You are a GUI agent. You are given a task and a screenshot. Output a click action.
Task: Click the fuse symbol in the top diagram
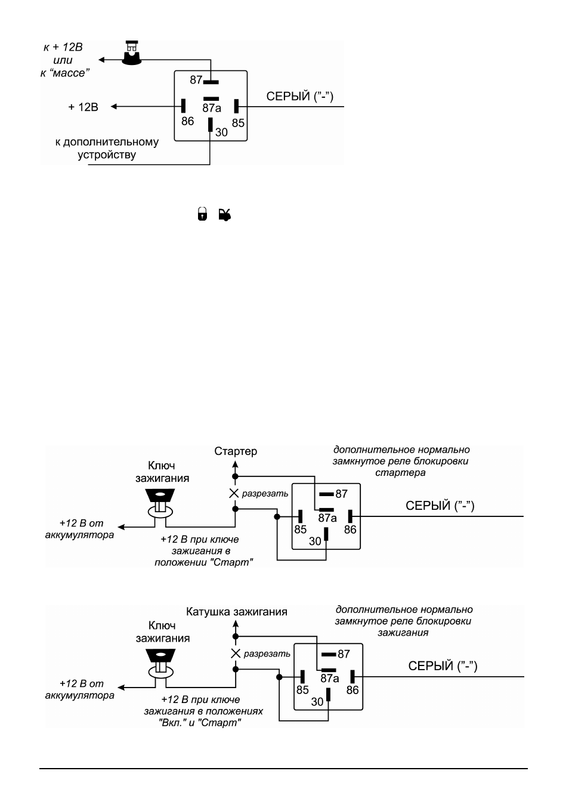(x=132, y=52)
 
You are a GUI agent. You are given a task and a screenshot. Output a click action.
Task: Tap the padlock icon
(x=202, y=213)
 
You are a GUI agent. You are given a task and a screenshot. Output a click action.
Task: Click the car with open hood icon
(x=225, y=215)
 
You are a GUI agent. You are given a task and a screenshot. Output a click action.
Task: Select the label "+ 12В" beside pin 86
(x=83, y=107)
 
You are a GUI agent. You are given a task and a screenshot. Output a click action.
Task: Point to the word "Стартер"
(x=236, y=451)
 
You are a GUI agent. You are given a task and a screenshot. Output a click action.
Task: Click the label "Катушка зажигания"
(x=237, y=612)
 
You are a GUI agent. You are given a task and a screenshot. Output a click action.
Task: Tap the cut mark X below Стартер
(x=234, y=493)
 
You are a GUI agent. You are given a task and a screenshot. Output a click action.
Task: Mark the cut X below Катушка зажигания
(x=236, y=654)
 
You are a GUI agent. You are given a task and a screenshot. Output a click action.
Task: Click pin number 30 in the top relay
(x=221, y=132)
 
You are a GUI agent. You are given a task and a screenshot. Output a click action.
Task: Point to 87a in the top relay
(x=212, y=108)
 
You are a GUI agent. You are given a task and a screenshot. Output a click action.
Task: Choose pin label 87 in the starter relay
(x=342, y=494)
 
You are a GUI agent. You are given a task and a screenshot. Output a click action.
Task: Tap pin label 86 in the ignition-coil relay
(x=352, y=690)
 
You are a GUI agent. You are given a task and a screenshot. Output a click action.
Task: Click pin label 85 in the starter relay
(x=301, y=530)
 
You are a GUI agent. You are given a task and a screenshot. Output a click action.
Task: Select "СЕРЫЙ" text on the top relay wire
(x=288, y=97)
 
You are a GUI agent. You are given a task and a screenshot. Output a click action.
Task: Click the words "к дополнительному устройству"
(x=107, y=148)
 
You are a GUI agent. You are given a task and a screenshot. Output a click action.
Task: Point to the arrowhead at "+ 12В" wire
(x=113, y=106)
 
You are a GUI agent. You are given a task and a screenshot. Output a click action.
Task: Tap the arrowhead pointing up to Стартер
(x=235, y=465)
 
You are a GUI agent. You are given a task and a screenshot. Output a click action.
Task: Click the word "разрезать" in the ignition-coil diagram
(x=267, y=654)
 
